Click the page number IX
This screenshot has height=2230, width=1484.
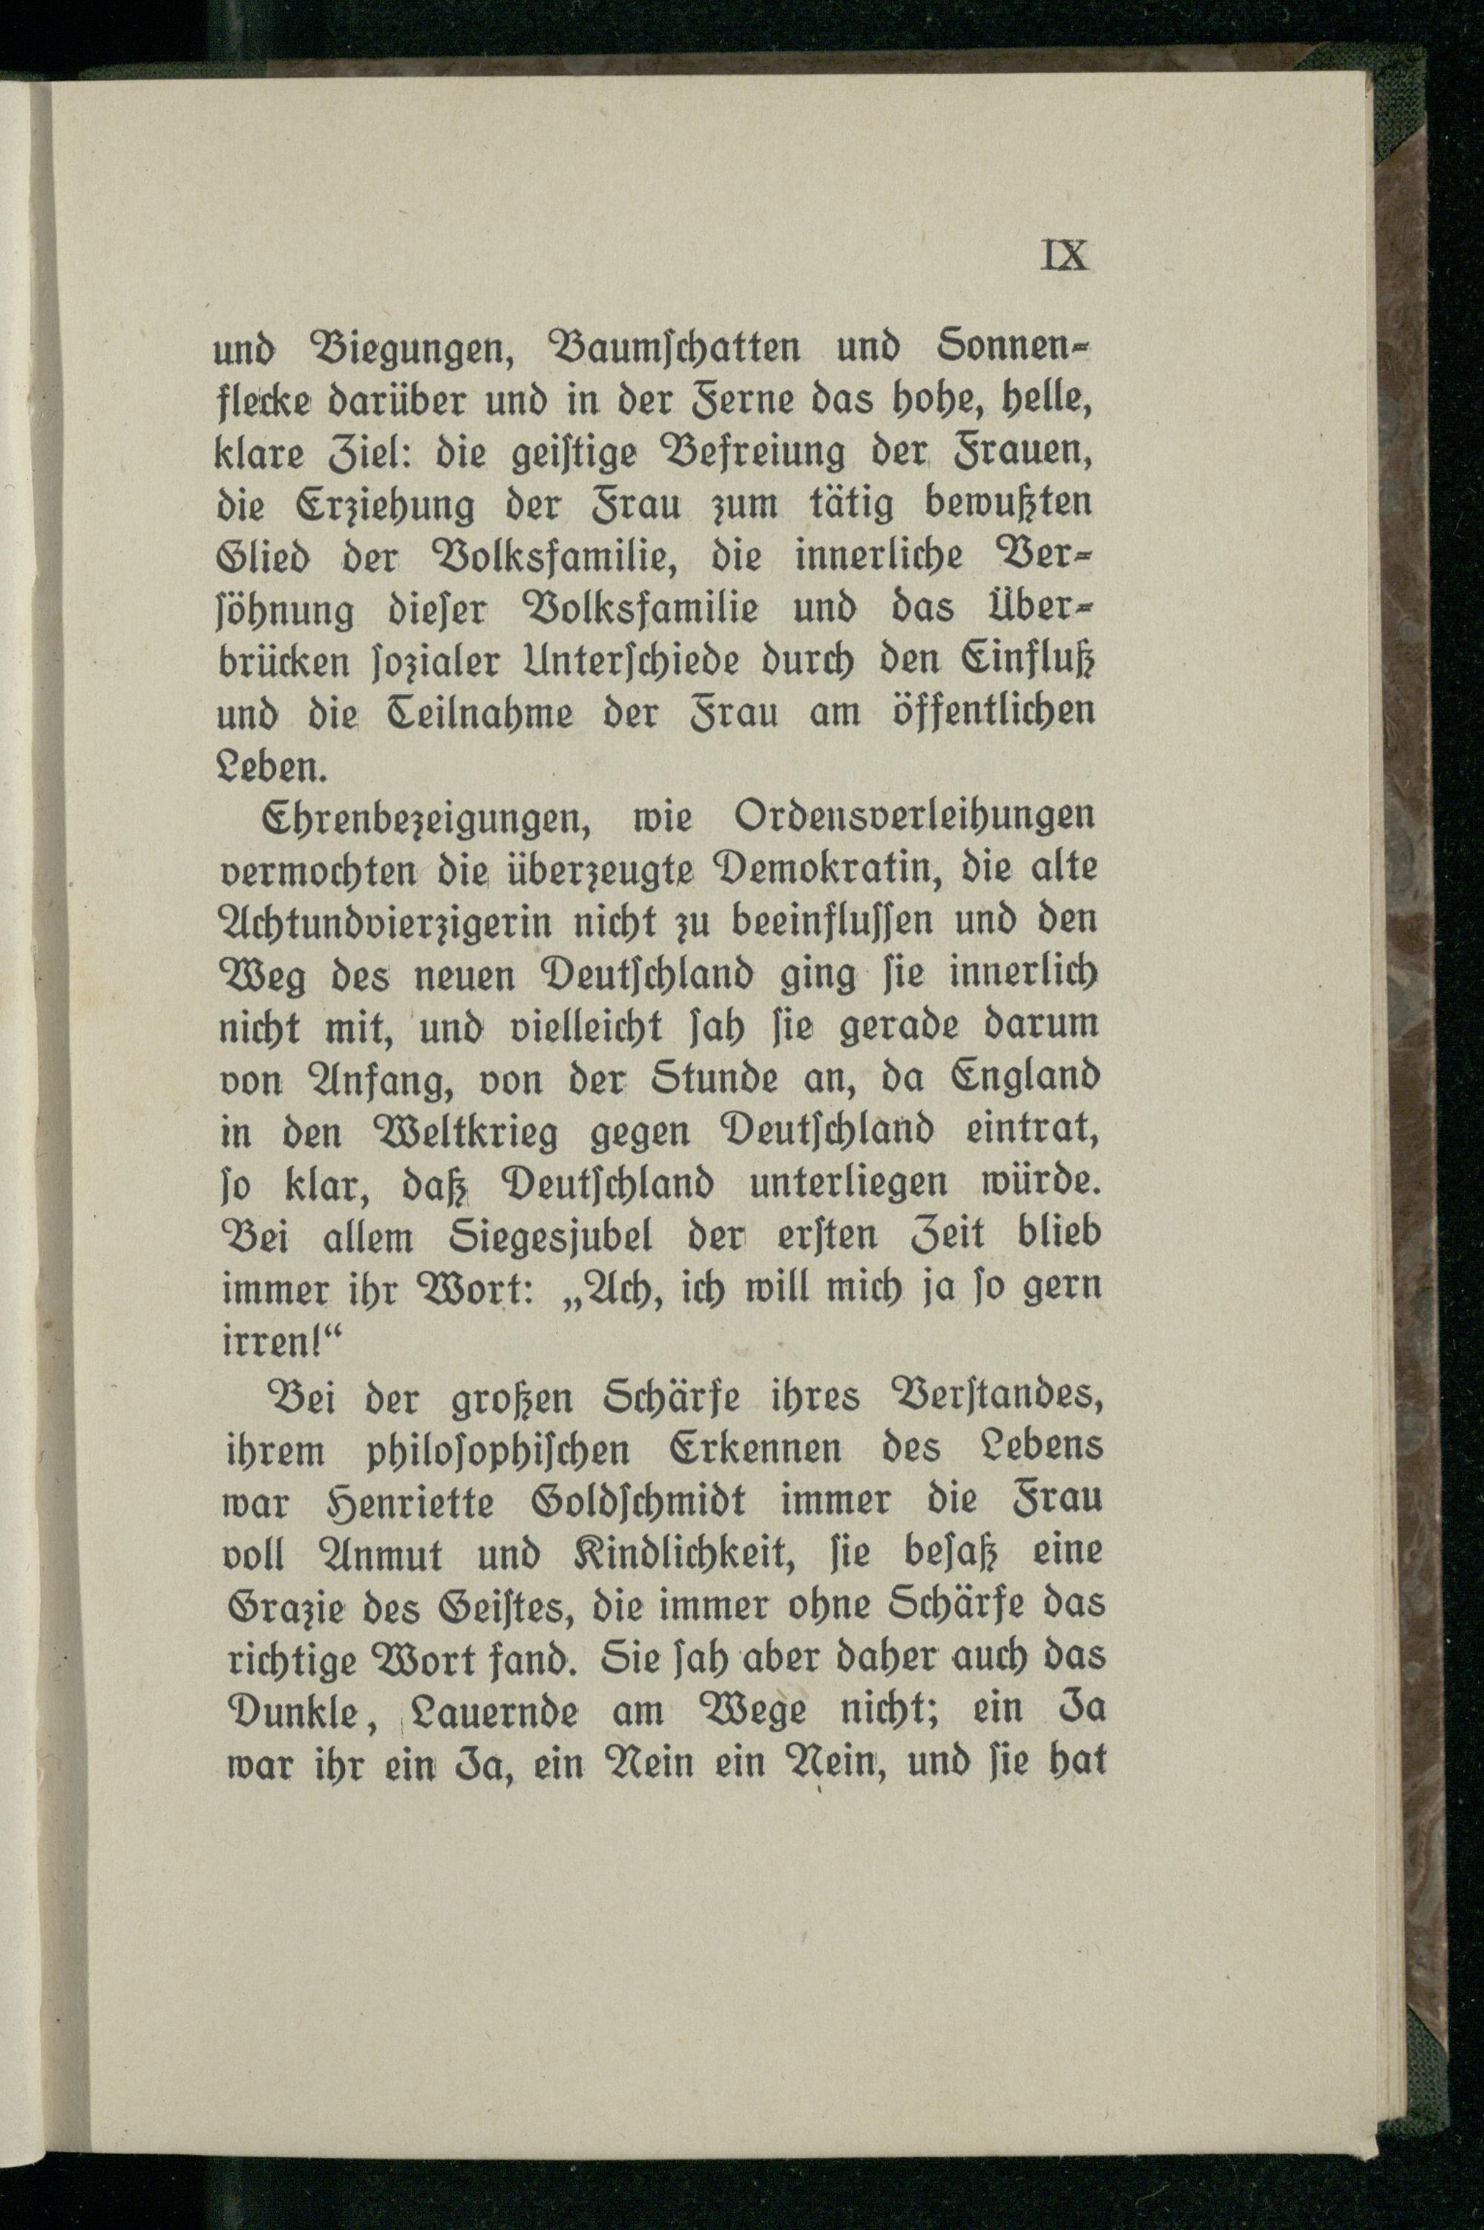(1065, 255)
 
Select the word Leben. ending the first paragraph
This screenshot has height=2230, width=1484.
(274, 766)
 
